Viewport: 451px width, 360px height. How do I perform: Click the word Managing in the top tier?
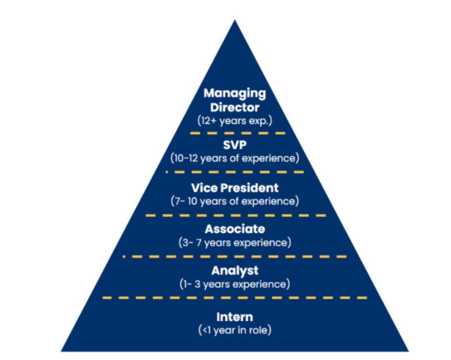pos(235,94)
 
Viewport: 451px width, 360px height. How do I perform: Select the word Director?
pos(235,108)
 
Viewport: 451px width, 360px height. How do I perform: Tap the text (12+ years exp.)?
pos(235,122)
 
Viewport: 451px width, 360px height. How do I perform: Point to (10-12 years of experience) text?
pos(235,158)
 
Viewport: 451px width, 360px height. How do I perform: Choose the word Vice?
pos(204,188)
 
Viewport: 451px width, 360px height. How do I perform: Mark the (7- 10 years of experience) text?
pos(235,201)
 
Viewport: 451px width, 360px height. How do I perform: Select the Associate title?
pos(235,229)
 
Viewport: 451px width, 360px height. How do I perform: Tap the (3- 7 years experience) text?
pos(235,243)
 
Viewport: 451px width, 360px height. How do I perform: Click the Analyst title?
pos(235,271)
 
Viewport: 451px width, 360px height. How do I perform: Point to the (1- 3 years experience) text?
pos(235,284)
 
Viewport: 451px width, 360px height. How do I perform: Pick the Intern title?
pos(235,317)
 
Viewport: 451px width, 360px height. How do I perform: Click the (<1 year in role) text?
pos(235,330)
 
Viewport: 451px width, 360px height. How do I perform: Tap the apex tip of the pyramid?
pos(235,21)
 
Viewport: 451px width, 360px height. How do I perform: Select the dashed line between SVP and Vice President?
pos(235,172)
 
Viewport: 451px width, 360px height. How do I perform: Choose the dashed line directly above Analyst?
pos(235,256)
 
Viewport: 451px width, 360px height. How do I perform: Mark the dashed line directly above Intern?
pos(235,297)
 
